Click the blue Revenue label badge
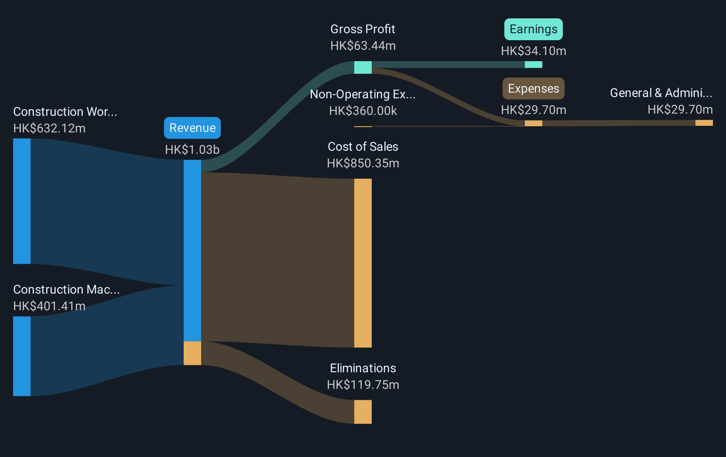coord(192,128)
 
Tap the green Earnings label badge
coord(534,29)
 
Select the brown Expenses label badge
coord(534,88)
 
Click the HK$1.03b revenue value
coord(192,149)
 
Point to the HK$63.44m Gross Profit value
coord(363,46)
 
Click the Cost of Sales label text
coord(363,147)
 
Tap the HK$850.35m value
coord(363,163)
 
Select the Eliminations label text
coord(363,368)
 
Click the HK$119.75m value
coord(363,385)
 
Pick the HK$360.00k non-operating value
coord(363,111)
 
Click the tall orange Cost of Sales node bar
coord(363,263)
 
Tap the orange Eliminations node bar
coord(363,412)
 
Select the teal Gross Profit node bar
coord(363,68)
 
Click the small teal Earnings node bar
coord(534,65)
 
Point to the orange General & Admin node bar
coord(704,123)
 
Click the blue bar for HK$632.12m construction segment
coord(22,201)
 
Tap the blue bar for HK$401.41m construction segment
coord(22,357)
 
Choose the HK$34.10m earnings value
coord(534,51)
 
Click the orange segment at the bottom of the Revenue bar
coord(192,353)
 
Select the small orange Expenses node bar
coord(534,123)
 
